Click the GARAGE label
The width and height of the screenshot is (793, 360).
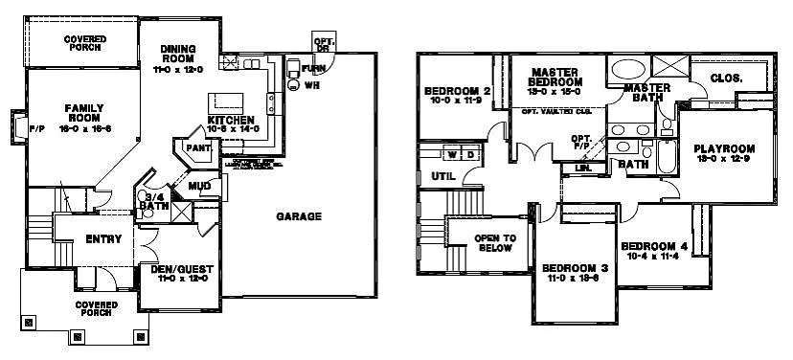(x=299, y=216)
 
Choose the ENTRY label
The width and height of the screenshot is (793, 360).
(x=102, y=239)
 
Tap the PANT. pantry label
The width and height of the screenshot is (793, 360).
(x=198, y=148)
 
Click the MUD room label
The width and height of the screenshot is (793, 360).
(x=199, y=186)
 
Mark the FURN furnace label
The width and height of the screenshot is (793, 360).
(x=312, y=69)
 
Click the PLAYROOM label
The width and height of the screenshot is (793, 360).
(x=724, y=148)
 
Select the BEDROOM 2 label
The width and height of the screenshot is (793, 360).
(x=458, y=92)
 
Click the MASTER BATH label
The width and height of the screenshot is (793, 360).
(x=647, y=93)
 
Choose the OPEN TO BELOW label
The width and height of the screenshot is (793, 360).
(x=495, y=243)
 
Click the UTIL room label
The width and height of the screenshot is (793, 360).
(x=442, y=176)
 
